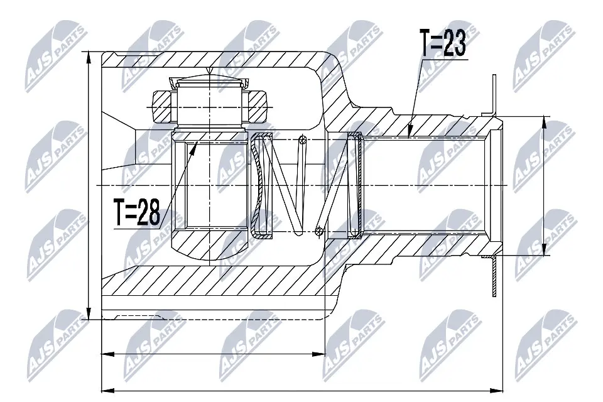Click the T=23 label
pyautogui.click(x=443, y=45)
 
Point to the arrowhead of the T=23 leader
pyautogui.click(x=409, y=134)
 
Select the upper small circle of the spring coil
pyautogui.click(x=303, y=139)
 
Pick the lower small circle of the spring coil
pyautogui.click(x=319, y=231)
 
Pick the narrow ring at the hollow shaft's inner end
pyautogui.click(x=354, y=186)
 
